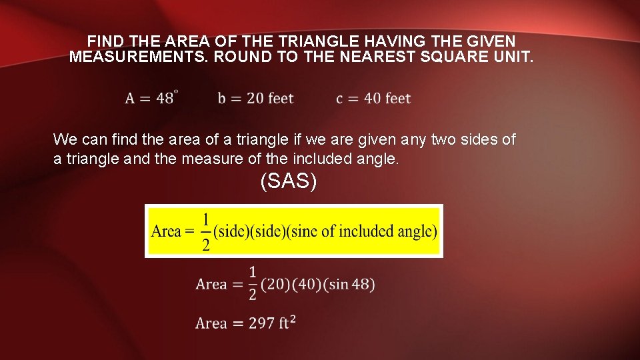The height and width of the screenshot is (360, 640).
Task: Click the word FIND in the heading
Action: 103,41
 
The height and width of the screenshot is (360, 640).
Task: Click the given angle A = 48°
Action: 150,98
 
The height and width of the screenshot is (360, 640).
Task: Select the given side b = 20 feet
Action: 255,99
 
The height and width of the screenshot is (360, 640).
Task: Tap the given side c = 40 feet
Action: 373,99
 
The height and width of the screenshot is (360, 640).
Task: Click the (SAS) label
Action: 288,181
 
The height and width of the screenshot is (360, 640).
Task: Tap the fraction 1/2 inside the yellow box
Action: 206,231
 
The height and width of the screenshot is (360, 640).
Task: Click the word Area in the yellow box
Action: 167,232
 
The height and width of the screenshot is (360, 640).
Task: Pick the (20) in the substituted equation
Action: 273,284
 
